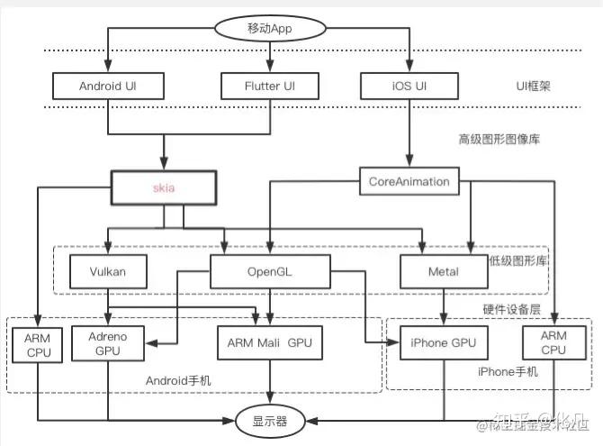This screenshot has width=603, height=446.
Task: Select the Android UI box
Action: click(x=109, y=86)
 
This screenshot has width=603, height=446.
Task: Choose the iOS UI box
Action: click(x=409, y=86)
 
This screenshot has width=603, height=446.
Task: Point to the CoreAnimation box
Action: click(x=409, y=181)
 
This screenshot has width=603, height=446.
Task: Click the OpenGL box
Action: click(x=271, y=271)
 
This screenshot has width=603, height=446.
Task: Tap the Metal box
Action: click(x=443, y=271)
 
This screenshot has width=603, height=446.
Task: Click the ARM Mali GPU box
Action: click(x=271, y=342)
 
